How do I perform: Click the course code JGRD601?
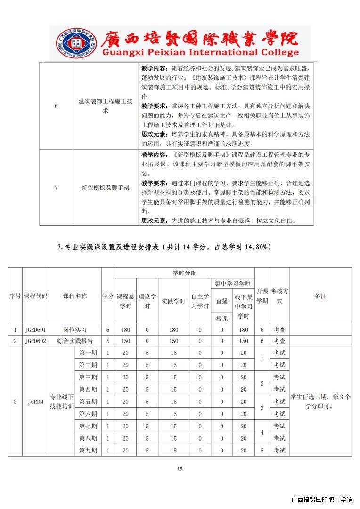pos(35,330)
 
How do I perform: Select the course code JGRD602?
pos(35,341)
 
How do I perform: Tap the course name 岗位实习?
pos(75,330)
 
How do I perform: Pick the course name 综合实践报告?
pos(75,341)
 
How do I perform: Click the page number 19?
pos(180,468)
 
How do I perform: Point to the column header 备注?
pos(320,296)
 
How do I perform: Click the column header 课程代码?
pos(35,296)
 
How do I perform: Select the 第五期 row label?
pos(88,402)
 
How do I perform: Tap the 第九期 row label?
pos(88,451)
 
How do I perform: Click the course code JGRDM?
pos(35,402)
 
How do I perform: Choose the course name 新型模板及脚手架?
pos(105,188)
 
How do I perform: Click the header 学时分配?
pos(184,273)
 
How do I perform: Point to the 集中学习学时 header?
pos(232,284)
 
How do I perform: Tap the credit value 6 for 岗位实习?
pos(108,330)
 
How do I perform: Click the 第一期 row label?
pos(88,353)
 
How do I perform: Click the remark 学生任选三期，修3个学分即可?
pos(320,401)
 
